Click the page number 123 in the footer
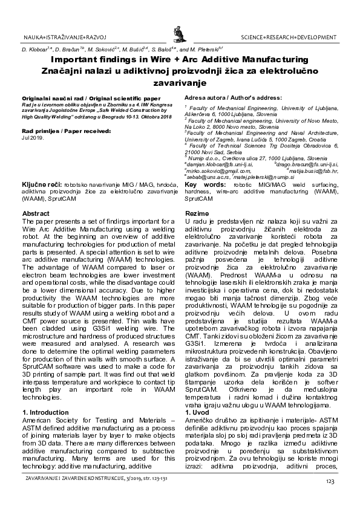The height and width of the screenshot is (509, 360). (330, 481)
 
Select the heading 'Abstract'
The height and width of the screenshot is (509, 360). (36, 214)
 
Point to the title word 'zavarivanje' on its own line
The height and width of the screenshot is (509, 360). (180, 83)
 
